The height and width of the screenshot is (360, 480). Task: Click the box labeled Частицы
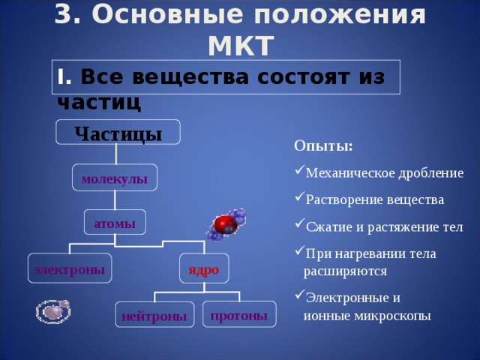(x=118, y=133)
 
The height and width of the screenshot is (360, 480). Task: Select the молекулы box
(x=115, y=178)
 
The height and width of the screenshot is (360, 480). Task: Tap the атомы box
(x=115, y=223)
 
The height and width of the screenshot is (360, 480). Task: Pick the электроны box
(x=70, y=268)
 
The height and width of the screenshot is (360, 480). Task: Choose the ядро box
(x=203, y=268)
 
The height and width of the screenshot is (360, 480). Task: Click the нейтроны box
(x=154, y=316)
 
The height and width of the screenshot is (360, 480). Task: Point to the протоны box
(x=239, y=314)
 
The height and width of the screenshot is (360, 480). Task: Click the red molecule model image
(x=226, y=224)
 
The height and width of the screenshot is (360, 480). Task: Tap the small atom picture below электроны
(x=53, y=310)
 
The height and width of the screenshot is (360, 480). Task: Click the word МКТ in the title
(x=240, y=46)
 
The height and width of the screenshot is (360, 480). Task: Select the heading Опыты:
(x=323, y=145)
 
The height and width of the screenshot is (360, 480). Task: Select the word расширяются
(x=345, y=271)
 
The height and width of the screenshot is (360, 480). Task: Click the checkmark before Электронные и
(x=299, y=293)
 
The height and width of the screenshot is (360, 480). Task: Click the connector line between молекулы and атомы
(x=115, y=199)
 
